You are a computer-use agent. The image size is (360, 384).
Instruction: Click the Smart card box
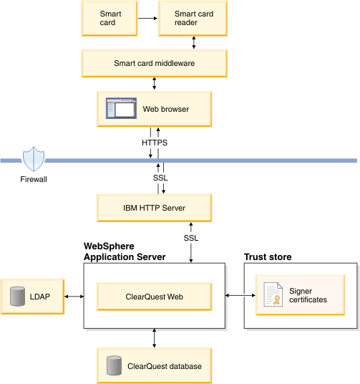(110, 18)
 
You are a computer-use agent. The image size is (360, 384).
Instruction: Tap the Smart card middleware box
(154, 63)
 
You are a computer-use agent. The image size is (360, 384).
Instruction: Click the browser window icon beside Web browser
(120, 109)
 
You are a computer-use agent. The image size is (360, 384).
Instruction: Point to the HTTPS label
(155, 143)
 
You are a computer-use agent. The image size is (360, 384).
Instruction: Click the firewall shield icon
(33, 159)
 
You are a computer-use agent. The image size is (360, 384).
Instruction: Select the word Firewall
(33, 179)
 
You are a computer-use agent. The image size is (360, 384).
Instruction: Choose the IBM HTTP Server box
(154, 208)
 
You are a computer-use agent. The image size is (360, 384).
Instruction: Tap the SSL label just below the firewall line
(160, 178)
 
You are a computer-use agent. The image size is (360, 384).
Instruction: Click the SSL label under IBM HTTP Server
(191, 238)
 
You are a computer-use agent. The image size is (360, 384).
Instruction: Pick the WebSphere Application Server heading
(125, 251)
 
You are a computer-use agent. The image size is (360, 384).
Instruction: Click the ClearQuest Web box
(154, 295)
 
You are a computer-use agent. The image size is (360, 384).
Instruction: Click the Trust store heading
(268, 256)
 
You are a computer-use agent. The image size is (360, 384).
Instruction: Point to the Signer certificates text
(308, 295)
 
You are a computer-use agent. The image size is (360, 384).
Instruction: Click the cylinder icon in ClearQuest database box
(112, 365)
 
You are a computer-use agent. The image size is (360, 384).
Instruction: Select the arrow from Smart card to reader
(147, 18)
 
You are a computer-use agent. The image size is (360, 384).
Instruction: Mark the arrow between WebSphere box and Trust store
(235, 295)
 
